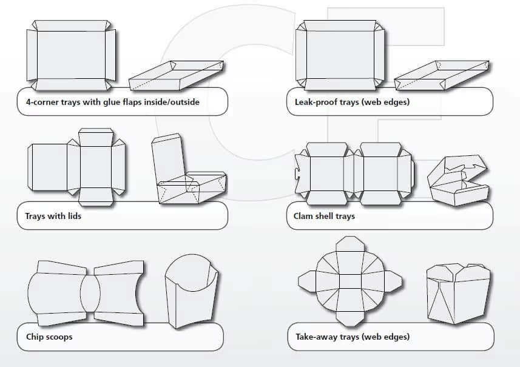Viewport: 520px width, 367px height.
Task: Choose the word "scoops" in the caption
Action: point(59,336)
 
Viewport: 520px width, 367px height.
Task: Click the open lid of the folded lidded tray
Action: point(167,158)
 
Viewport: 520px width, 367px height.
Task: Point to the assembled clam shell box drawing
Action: point(459,181)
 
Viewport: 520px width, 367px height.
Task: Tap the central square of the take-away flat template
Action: point(350,281)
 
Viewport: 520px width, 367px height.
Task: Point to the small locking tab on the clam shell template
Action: point(297,173)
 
